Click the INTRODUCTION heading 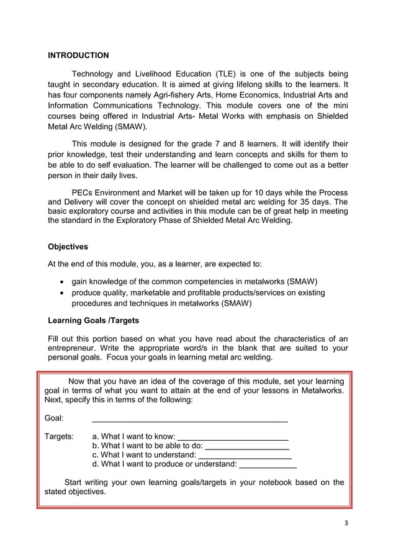click(x=78, y=55)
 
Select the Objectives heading click(x=68, y=246)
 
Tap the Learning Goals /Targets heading click(x=93, y=320)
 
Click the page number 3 click(x=346, y=522)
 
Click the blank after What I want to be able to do click(x=247, y=448)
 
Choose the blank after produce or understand click(x=268, y=466)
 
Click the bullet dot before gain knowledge click(x=62, y=281)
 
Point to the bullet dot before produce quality click(x=62, y=293)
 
